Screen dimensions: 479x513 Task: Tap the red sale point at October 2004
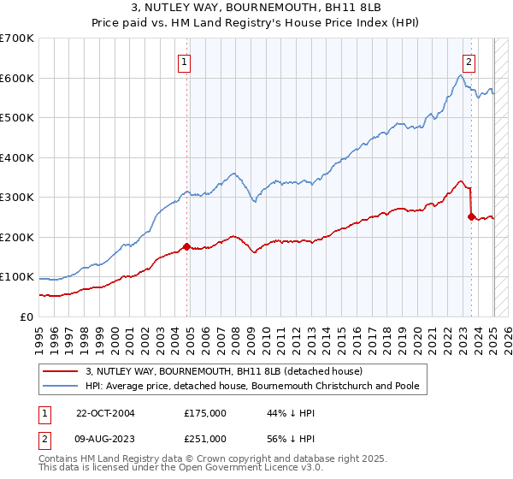[187, 247]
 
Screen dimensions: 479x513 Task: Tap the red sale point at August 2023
[471, 217]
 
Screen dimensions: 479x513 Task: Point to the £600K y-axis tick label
[17, 79]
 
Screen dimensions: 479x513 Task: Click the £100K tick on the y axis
[17, 277]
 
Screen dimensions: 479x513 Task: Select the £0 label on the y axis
[27, 317]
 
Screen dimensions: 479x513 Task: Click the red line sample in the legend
[61, 371]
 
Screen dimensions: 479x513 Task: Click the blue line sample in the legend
[61, 387]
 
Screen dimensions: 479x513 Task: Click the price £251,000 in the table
[204, 439]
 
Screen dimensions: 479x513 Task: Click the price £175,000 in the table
[204, 413]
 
